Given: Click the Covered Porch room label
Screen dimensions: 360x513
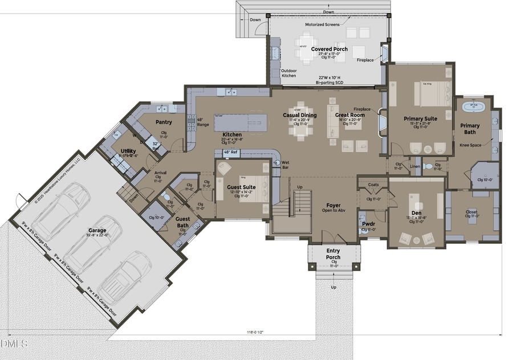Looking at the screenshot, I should pyautogui.click(x=329, y=49).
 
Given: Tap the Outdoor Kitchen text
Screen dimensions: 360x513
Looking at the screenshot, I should pyautogui.click(x=288, y=73).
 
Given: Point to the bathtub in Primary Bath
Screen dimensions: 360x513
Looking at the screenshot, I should pyautogui.click(x=473, y=106).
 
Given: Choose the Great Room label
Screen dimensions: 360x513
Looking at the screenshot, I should pyautogui.click(x=349, y=115).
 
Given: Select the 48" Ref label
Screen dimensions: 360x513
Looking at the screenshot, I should pyautogui.click(x=230, y=153).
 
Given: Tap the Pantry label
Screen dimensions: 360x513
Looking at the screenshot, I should pyautogui.click(x=164, y=122).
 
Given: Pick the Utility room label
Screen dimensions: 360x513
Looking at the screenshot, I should pyautogui.click(x=128, y=151).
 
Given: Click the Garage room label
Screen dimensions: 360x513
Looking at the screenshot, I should pyautogui.click(x=97, y=230).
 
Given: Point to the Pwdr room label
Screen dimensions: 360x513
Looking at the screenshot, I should pyautogui.click(x=368, y=224).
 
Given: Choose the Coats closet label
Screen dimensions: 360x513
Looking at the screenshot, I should pyautogui.click(x=373, y=185).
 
